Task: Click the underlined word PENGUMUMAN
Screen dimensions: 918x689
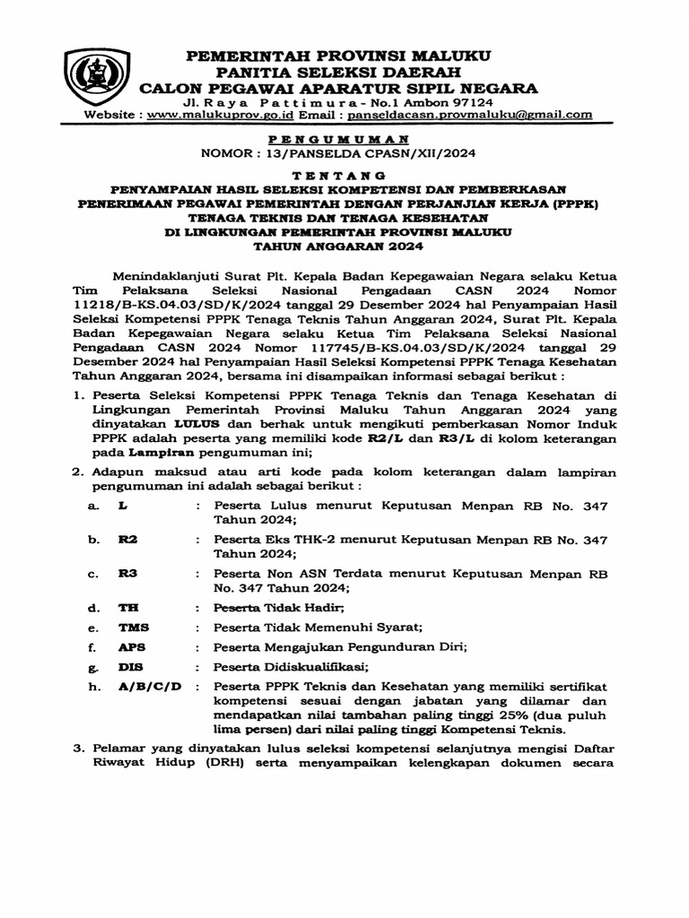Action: click(340, 139)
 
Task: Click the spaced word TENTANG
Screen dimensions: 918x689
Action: click(340, 175)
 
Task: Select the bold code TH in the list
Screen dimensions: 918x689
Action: click(128, 608)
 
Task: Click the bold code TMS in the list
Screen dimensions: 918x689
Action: click(132, 628)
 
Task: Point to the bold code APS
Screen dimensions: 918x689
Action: click(132, 647)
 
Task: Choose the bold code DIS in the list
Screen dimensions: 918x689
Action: click(131, 667)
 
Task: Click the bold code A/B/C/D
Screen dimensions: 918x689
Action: click(150, 687)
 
